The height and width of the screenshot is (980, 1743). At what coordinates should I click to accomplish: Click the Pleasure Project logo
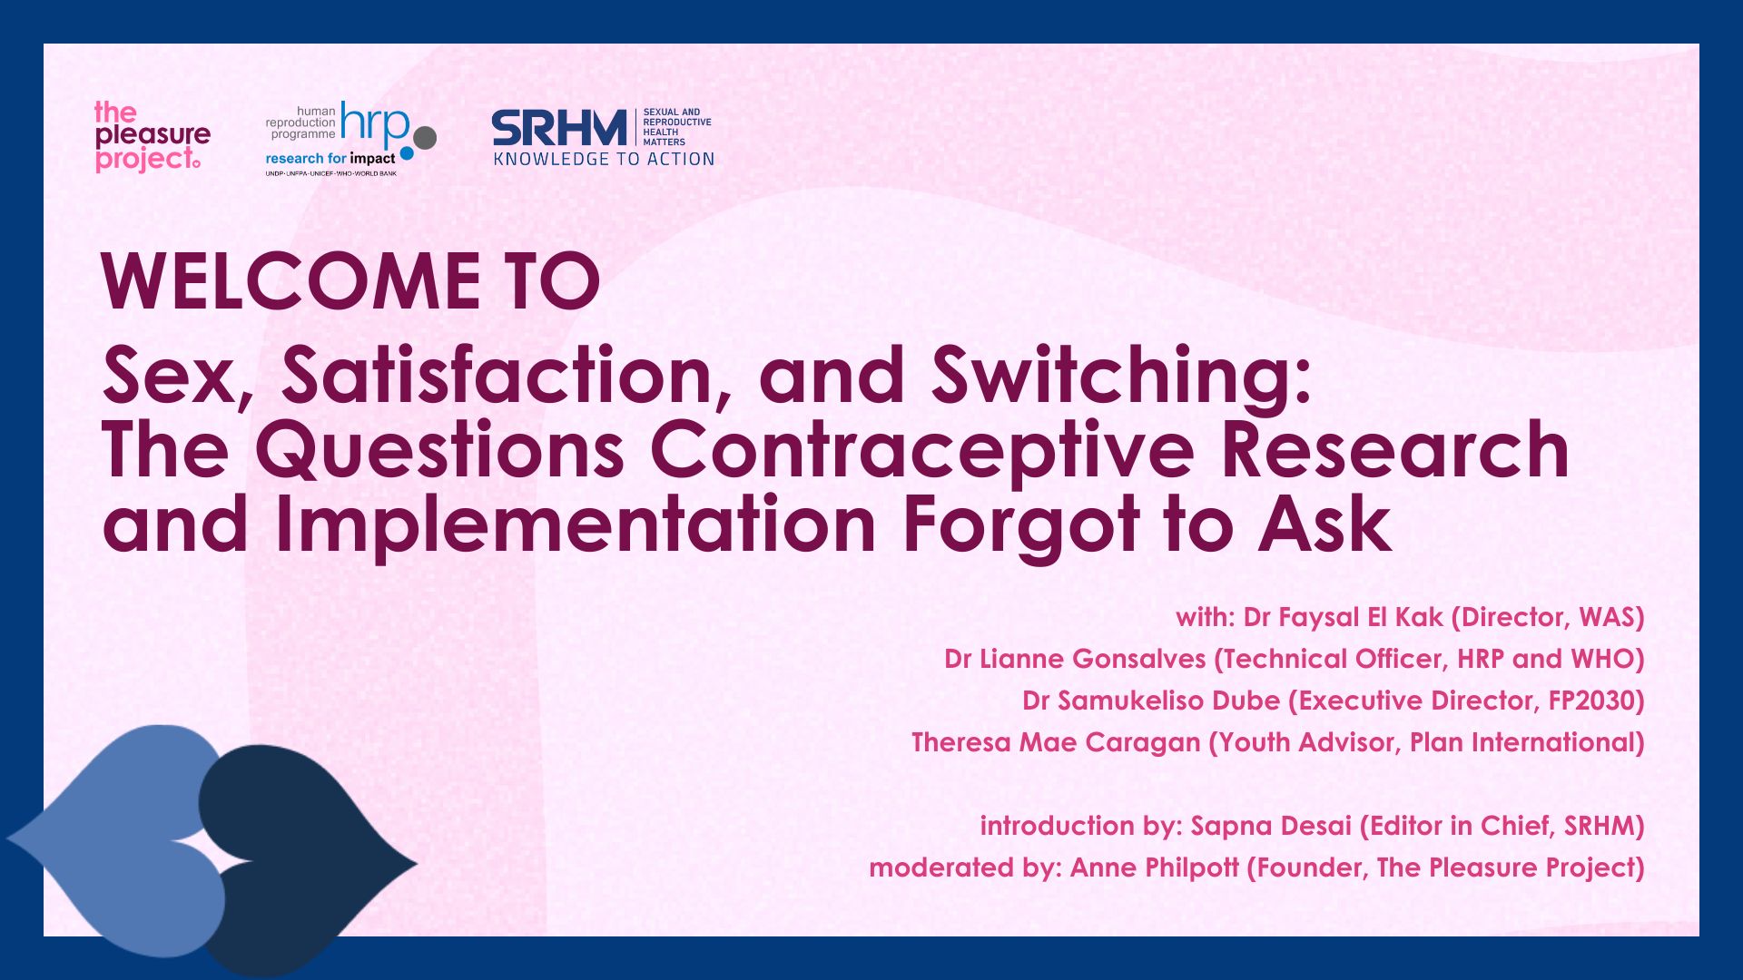pyautogui.click(x=152, y=136)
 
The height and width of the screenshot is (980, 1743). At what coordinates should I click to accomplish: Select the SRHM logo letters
pyautogui.click(x=559, y=128)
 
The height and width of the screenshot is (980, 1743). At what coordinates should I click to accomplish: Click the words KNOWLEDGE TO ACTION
pyautogui.click(x=604, y=160)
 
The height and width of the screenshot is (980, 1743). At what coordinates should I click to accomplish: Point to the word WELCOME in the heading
pyautogui.click(x=290, y=282)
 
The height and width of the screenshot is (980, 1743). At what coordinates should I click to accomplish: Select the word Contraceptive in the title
pyautogui.click(x=921, y=450)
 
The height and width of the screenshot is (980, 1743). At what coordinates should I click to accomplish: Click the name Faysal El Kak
pyautogui.click(x=1343, y=618)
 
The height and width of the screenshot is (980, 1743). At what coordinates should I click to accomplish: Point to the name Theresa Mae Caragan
pyautogui.click(x=1055, y=743)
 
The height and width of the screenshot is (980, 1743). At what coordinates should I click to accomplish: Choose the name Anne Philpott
pyautogui.click(x=1154, y=868)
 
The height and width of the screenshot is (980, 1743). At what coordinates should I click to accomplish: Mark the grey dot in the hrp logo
pyautogui.click(x=425, y=137)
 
